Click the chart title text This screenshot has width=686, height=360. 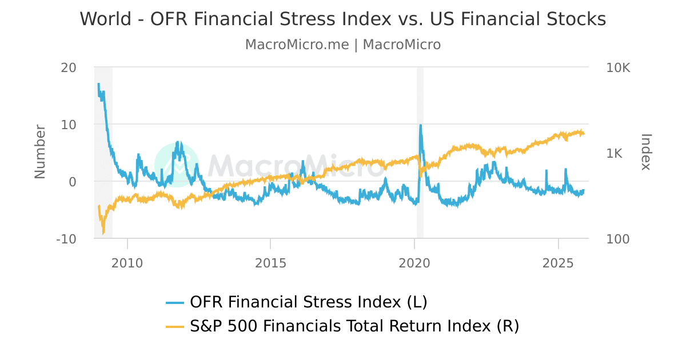[342, 19]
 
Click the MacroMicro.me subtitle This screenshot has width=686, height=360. [342, 45]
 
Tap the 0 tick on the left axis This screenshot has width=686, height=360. [72, 182]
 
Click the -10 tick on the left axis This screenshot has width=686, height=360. [66, 239]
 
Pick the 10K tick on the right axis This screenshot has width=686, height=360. [617, 67]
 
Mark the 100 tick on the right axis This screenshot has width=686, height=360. [617, 239]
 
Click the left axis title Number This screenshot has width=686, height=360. [40, 152]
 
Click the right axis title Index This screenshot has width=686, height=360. [646, 152]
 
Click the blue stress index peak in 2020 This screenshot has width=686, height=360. [421, 125]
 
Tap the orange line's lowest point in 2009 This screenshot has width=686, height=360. [103, 233]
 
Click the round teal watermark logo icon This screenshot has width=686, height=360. [177, 165]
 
